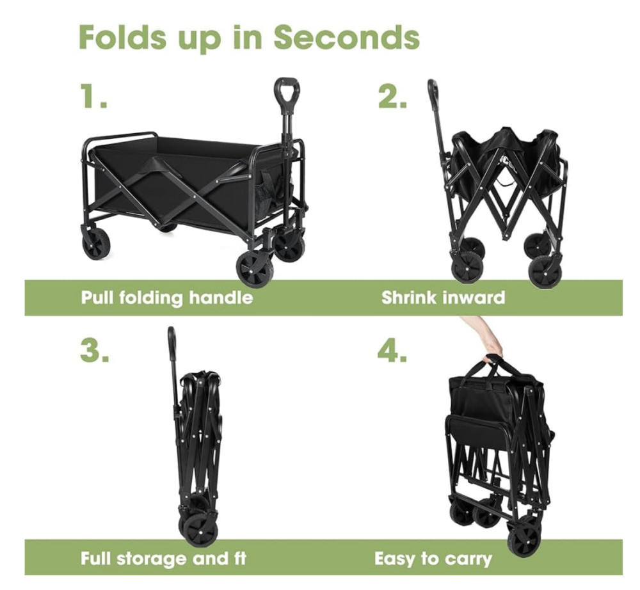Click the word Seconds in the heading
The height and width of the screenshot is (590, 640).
[x=346, y=38]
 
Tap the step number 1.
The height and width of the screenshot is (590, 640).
[x=93, y=97]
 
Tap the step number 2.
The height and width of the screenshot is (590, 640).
[x=392, y=97]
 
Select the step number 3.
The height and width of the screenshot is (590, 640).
[x=95, y=351]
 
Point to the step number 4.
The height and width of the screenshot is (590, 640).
[x=392, y=351]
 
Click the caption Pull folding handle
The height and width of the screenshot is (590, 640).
[x=167, y=298]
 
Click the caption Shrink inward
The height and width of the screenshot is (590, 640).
[x=444, y=298]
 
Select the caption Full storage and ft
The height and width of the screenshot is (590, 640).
[x=163, y=558]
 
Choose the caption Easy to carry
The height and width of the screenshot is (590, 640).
[x=433, y=559]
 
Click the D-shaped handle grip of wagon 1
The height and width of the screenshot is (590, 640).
[x=288, y=91]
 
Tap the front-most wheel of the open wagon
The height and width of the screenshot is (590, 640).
[x=255, y=269]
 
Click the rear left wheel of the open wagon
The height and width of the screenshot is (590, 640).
[x=97, y=244]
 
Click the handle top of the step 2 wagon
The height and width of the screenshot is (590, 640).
[x=432, y=90]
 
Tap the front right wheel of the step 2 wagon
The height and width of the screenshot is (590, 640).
[x=545, y=271]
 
